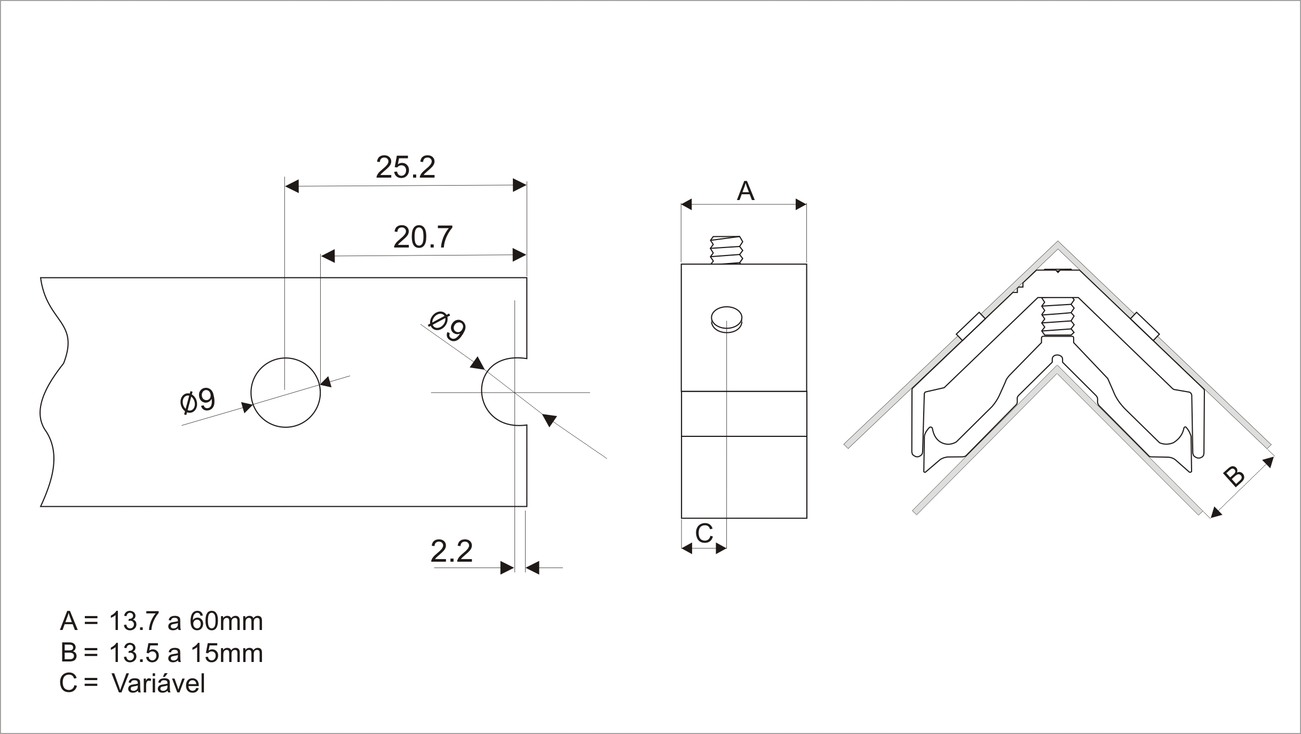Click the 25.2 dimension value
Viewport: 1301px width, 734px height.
(x=406, y=167)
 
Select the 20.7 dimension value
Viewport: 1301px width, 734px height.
(x=423, y=237)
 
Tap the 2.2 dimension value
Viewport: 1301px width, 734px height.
(x=451, y=552)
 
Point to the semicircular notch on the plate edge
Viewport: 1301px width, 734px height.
(x=482, y=392)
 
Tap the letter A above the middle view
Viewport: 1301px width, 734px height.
(x=745, y=191)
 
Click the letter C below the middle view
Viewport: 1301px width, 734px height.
(x=704, y=533)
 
